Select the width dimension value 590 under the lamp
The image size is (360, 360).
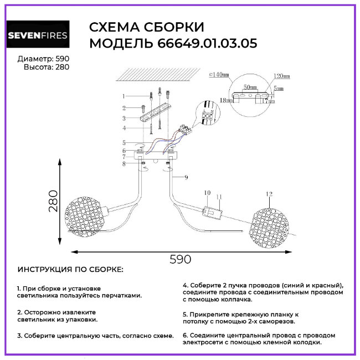180,259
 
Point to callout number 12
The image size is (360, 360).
269,194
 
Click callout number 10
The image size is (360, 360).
207,193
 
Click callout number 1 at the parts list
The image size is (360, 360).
125,96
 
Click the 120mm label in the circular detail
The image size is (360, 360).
282,76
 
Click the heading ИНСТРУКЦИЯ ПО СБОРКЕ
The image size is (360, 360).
71,270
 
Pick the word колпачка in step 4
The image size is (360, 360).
233,299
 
